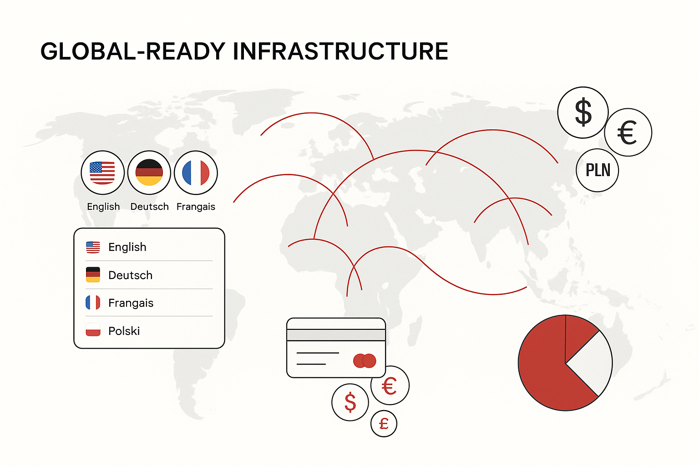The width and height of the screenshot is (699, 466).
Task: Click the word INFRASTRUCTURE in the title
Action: pos(340,51)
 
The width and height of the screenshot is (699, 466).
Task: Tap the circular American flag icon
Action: pos(103,172)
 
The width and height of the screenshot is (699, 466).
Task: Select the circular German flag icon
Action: pos(149,172)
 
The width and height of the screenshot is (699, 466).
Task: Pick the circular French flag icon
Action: pos(196,172)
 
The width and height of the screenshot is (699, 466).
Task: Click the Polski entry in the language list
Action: pos(124,331)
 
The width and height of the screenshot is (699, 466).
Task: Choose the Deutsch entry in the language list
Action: pos(131,275)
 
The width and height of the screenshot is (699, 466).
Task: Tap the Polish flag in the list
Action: pos(93,330)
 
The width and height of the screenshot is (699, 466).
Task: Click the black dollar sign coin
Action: pos(583,112)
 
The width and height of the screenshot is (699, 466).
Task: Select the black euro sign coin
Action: pos(628,132)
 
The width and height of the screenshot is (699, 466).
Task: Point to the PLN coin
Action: pos(598,170)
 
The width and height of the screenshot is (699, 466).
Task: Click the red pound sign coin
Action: pos(384,424)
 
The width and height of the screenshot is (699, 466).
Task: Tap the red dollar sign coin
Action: pos(350,402)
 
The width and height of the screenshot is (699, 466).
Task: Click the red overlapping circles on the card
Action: pos(365,361)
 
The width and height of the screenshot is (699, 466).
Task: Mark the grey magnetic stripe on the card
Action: pos(336,335)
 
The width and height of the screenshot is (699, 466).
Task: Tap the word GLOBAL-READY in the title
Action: pos(133,51)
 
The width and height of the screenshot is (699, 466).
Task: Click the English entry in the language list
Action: pos(127,247)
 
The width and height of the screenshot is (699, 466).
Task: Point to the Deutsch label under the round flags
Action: pos(149,207)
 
